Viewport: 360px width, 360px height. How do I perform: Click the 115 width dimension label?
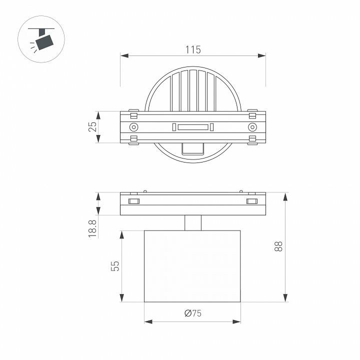193,49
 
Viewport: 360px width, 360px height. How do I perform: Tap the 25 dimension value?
92,126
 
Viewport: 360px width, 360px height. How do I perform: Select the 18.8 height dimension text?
92,228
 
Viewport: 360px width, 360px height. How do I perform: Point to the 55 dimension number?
115,266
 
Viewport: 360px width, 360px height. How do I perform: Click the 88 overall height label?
278,246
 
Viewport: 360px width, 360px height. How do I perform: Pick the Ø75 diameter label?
193,313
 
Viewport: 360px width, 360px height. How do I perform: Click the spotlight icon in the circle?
41,39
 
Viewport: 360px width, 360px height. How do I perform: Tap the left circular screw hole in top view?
133,127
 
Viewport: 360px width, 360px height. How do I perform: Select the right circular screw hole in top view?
252,127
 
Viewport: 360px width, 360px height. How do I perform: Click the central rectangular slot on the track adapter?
193,127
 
